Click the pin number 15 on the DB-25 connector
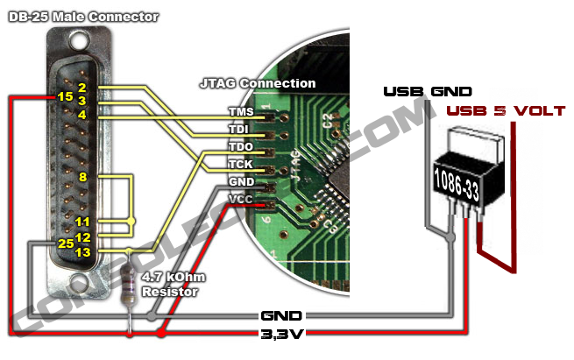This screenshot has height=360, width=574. point(64,96)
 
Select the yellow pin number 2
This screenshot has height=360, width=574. point(81,87)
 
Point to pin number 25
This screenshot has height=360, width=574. point(64,243)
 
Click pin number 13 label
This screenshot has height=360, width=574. point(83,252)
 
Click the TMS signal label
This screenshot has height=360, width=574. point(240,112)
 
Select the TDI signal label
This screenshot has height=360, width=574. point(240,129)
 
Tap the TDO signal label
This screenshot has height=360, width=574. point(240,146)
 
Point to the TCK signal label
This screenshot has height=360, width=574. point(240,164)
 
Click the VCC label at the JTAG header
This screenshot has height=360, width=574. point(240,199)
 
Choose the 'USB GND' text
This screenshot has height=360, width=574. point(428,91)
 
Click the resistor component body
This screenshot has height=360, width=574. point(131,284)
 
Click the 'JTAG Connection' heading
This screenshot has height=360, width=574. point(258,83)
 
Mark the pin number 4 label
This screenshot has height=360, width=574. point(81,114)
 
